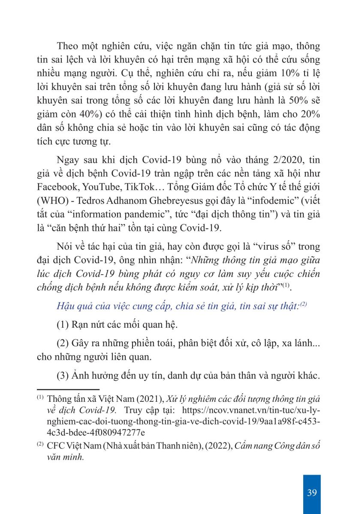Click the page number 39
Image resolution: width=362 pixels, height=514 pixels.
312,492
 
